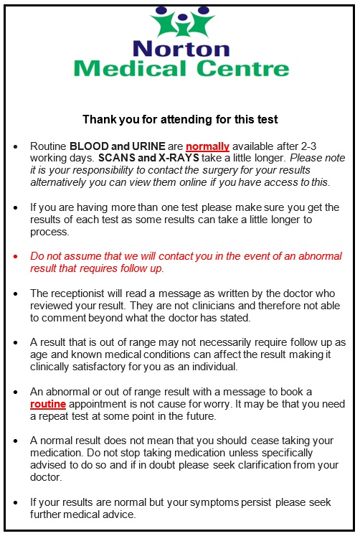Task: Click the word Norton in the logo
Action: pyautogui.click(x=181, y=49)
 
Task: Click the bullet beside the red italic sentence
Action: pyautogui.click(x=15, y=256)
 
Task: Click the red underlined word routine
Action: pyautogui.click(x=49, y=405)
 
